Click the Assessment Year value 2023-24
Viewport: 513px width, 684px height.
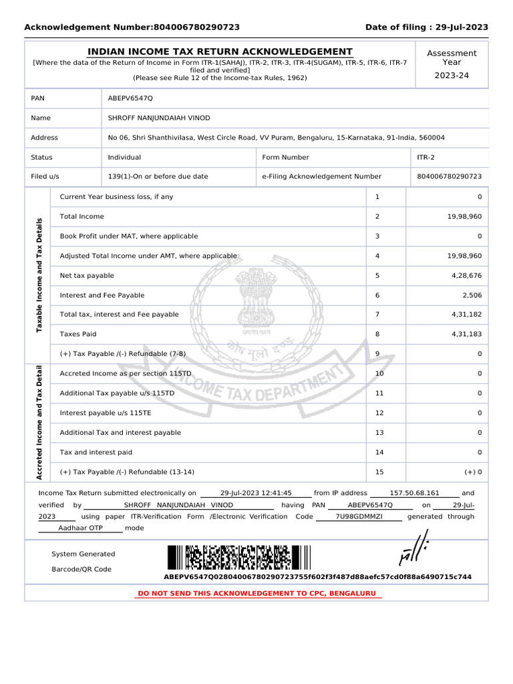[452, 75]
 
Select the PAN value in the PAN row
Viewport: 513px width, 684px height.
[130, 98]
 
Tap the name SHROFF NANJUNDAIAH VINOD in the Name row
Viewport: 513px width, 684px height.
[159, 118]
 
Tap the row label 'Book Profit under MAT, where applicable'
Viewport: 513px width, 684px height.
[128, 236]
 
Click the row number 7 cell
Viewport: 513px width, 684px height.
[377, 315]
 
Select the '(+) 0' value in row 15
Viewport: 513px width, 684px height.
[474, 472]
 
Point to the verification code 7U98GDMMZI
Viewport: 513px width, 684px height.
[359, 516]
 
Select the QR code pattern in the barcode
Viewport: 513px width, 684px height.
[238, 558]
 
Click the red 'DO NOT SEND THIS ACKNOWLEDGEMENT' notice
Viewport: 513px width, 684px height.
[256, 593]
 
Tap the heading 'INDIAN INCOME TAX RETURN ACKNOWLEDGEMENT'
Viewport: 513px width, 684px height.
[220, 52]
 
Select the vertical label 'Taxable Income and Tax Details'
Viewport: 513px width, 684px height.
[38, 275]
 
